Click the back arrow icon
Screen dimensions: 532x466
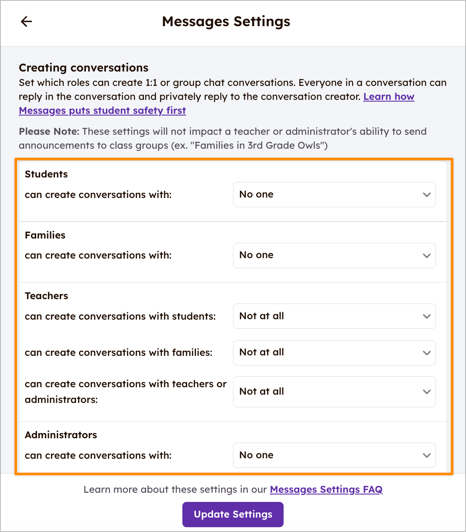tap(27, 21)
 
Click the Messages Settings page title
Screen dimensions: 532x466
tap(226, 21)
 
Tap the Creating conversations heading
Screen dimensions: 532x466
tap(83, 68)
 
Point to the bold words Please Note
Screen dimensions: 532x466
tap(49, 131)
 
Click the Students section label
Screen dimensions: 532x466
tap(46, 174)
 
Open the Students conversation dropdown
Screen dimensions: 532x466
tap(334, 194)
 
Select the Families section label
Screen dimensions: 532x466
tap(45, 235)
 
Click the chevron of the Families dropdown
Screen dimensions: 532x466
tap(426, 256)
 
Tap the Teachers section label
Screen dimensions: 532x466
tap(46, 296)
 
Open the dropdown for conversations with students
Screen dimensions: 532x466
tap(334, 316)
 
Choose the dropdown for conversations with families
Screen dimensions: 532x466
tap(334, 352)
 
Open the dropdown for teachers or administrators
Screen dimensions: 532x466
tap(334, 392)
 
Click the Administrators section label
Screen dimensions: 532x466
tap(61, 435)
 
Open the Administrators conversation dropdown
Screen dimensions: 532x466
tap(334, 455)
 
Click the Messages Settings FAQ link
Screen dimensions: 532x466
tap(326, 489)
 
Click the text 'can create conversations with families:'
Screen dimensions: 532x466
tap(118, 352)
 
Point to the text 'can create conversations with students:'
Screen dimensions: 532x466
tap(120, 316)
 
